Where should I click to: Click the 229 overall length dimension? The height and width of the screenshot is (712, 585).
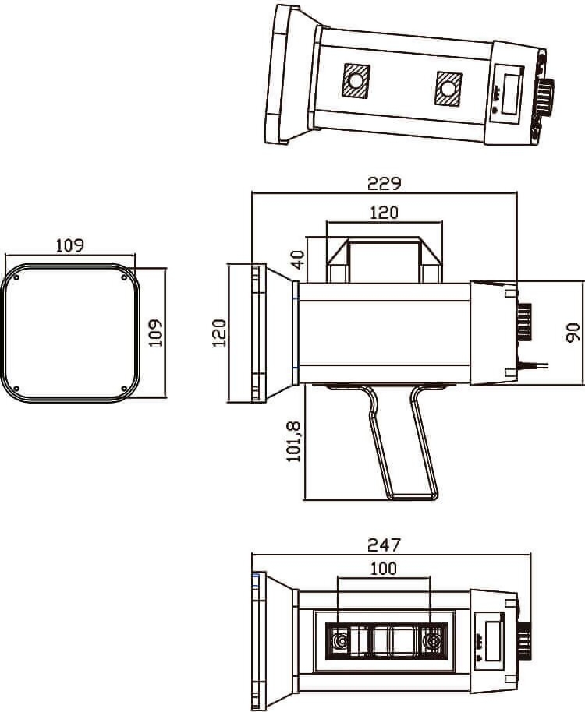pos(384,183)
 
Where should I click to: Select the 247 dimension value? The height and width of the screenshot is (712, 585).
pos(384,545)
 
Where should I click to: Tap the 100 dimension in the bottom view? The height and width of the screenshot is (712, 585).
pos(384,569)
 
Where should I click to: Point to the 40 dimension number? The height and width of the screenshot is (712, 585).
pos(298,259)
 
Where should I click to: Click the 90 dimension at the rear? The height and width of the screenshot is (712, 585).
pos(573,333)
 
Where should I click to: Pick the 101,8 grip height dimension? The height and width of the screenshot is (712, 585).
pos(293,442)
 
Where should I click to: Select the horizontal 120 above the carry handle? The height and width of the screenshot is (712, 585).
pos(384,212)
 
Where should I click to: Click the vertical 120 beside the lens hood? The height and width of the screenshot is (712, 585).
pos(219,333)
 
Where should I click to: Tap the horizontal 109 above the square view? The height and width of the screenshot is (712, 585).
pos(70,245)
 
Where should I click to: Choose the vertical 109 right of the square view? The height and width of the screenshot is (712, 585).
pos(156,333)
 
